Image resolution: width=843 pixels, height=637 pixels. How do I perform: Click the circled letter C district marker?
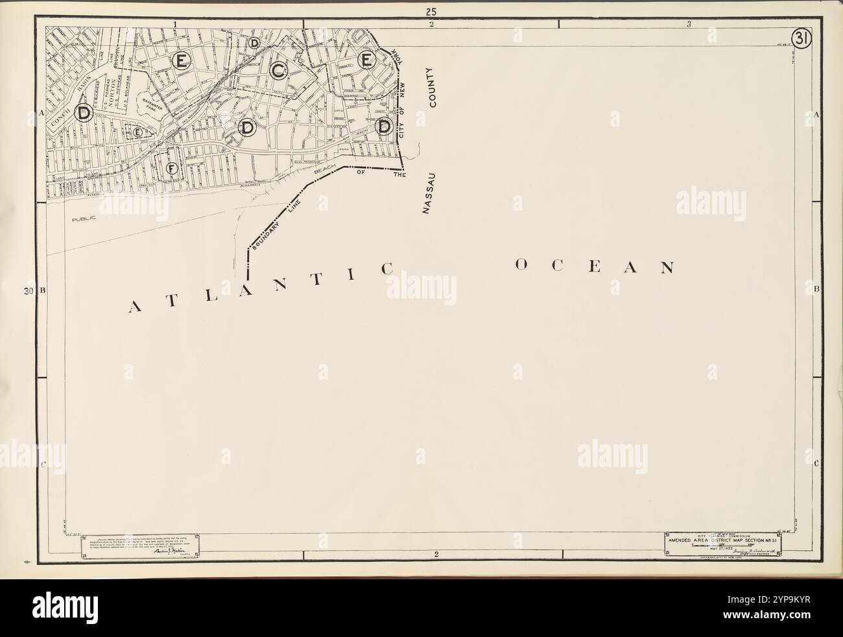tap(279, 71)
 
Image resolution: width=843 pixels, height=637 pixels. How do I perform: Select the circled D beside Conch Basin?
tap(84, 113)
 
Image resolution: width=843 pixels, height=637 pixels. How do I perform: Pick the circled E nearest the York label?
tap(366, 60)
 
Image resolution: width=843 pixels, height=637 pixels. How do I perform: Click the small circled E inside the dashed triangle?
tap(137, 132)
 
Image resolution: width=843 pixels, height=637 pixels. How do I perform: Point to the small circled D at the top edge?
tap(254, 43)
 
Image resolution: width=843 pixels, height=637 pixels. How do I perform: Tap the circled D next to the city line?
tap(385, 125)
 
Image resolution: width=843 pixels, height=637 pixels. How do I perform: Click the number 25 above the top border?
tap(431, 10)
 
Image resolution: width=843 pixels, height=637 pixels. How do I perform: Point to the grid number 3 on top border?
tap(689, 24)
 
